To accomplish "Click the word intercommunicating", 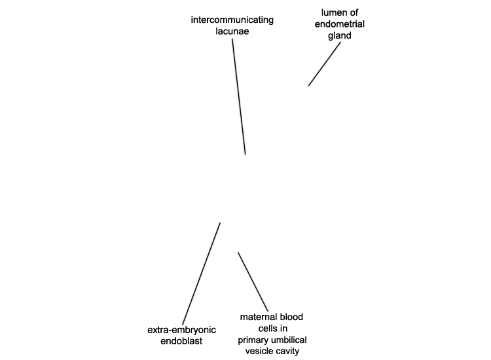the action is coord(232,20).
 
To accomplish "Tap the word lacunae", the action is coord(232,31).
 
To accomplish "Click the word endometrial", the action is coord(339,24).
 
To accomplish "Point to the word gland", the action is coord(339,36).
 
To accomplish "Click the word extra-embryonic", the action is coord(181,330).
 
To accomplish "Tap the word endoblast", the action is coord(181,341).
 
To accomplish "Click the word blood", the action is coord(291,317).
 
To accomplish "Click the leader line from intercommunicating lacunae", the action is coord(238,97).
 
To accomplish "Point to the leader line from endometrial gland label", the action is coord(325,64).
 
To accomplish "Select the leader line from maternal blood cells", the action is coord(253,281).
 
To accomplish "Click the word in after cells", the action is coord(283,329).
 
